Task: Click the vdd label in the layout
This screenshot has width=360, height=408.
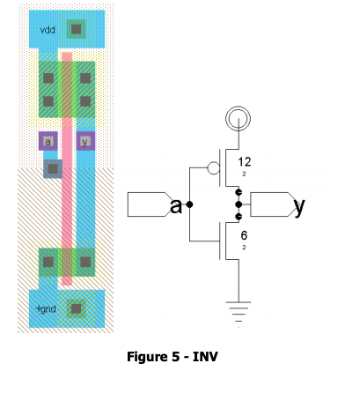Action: (48, 31)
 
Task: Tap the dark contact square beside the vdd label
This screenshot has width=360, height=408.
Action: (77, 29)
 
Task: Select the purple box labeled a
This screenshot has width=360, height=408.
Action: (48, 141)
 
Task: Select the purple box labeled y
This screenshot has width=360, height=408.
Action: (85, 141)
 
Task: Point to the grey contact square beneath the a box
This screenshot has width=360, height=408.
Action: (53, 167)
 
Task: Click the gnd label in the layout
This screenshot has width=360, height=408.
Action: (46, 309)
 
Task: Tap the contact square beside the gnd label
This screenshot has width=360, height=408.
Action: (77, 308)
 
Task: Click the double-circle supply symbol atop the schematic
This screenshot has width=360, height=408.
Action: (238, 117)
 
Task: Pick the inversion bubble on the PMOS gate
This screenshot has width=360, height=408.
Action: (211, 168)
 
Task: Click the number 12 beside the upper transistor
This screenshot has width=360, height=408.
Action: (245, 162)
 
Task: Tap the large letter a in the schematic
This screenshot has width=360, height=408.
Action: (176, 206)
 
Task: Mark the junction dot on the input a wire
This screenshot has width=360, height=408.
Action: (190, 204)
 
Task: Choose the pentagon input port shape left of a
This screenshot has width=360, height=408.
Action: (148, 204)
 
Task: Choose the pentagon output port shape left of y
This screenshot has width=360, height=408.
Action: (269, 204)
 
